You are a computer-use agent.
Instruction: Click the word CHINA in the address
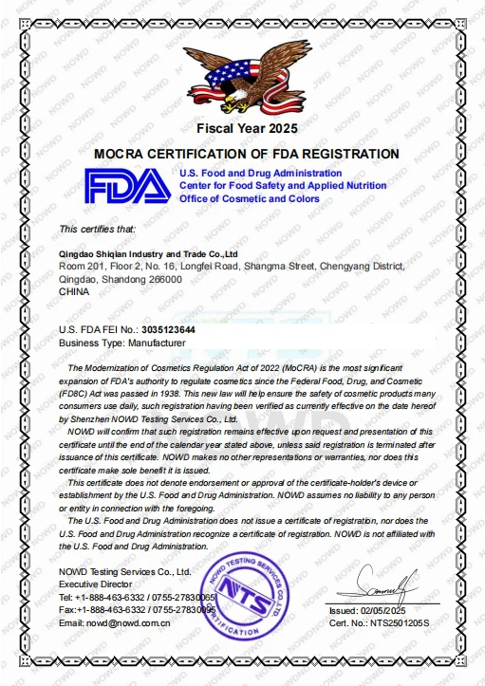(73, 292)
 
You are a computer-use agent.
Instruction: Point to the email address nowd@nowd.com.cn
(128, 623)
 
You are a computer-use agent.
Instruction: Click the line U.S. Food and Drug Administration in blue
(260, 174)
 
